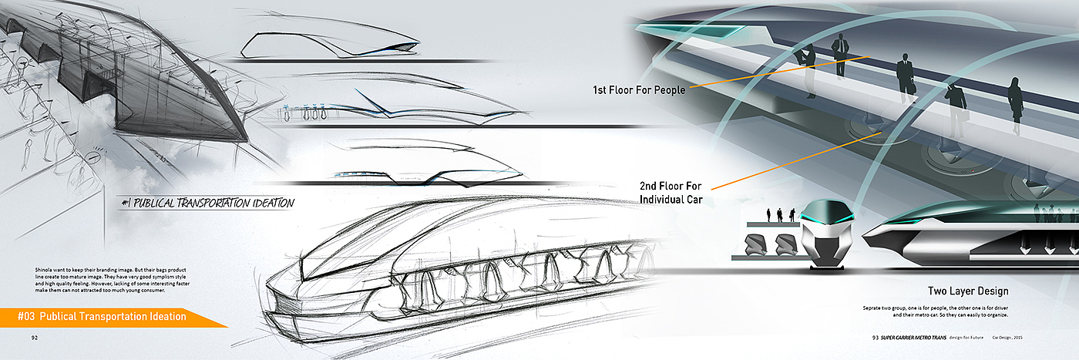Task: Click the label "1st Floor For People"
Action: coord(638,90)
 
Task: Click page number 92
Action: coord(35,337)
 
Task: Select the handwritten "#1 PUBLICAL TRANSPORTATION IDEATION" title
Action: coord(208,204)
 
